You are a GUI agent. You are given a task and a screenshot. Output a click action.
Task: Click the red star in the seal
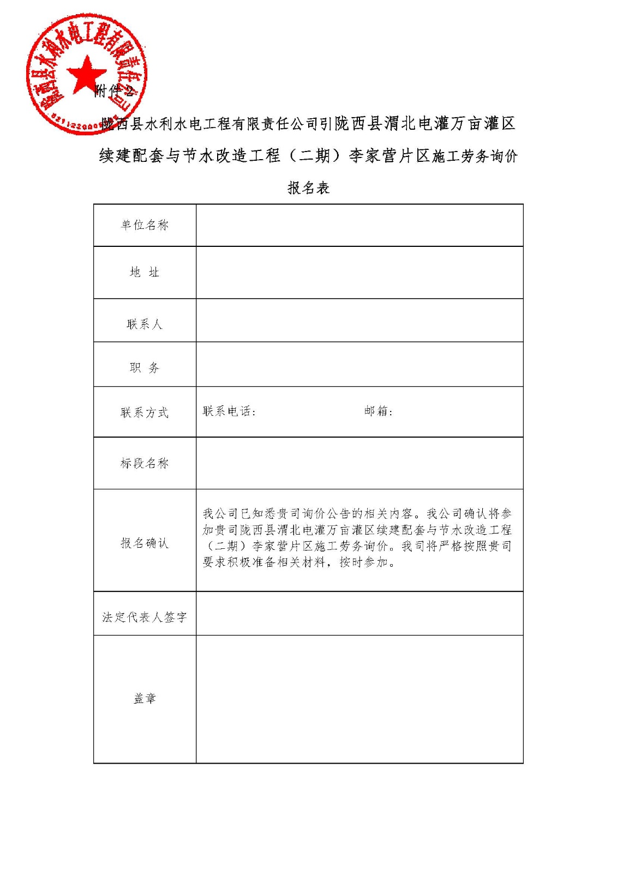[86, 73]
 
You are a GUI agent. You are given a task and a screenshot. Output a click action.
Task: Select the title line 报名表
[309, 188]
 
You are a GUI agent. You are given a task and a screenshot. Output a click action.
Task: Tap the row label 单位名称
[145, 225]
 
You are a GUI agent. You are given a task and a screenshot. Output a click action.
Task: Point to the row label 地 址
[145, 272]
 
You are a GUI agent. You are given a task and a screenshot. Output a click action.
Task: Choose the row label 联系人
[145, 324]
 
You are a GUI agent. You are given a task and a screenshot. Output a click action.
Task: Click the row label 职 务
[145, 368]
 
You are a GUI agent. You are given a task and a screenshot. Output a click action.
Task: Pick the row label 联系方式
[145, 413]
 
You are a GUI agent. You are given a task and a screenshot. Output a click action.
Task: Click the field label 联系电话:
[229, 411]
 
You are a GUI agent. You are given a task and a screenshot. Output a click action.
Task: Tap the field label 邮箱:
[379, 411]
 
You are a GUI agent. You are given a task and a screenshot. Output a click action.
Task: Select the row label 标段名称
[145, 463]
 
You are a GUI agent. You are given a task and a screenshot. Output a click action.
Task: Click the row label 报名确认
[145, 543]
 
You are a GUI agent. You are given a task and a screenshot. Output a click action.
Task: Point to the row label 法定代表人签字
[145, 617]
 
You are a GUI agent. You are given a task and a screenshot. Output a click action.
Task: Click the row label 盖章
[145, 699]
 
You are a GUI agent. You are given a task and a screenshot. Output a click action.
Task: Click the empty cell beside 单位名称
[359, 225]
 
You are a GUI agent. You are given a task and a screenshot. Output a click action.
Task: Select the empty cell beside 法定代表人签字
[359, 614]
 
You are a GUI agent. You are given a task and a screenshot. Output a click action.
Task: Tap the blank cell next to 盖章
[359, 699]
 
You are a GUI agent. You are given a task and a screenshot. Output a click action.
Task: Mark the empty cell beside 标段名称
[359, 463]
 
